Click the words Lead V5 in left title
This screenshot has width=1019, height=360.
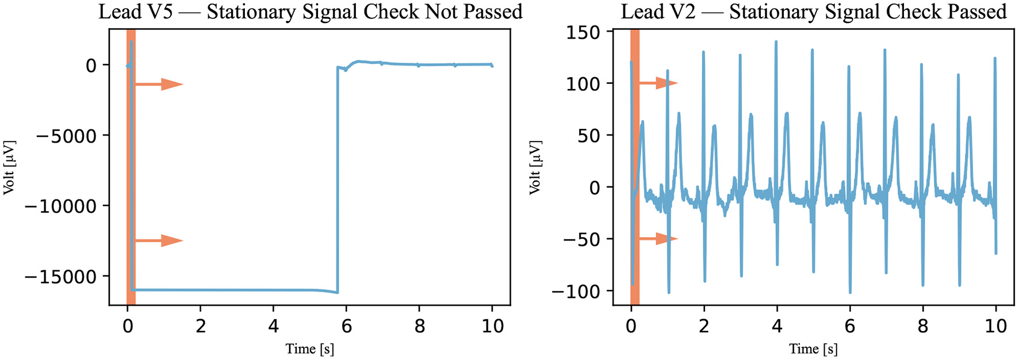[x=135, y=12]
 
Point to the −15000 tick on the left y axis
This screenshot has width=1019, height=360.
[x=60, y=277]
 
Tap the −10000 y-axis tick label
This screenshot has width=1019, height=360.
[x=60, y=206]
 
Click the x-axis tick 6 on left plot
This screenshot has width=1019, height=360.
[x=346, y=326]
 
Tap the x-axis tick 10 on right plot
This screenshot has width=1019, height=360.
[x=995, y=326]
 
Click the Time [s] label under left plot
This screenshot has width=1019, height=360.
[x=309, y=349]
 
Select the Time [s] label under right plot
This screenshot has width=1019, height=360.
[x=813, y=349]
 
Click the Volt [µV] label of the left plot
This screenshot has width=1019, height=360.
[x=9, y=167]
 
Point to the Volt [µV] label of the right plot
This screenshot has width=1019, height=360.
[x=535, y=167]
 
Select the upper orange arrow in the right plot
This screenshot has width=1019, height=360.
[x=659, y=83]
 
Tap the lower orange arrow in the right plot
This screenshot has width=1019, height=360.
[x=659, y=239]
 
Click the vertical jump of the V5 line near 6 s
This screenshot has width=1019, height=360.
[x=338, y=178]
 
